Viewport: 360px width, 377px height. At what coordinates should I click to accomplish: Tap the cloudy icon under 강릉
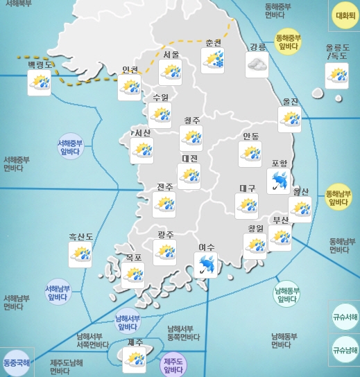[x=257, y=64]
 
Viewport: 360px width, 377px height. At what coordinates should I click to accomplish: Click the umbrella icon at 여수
[x=205, y=265]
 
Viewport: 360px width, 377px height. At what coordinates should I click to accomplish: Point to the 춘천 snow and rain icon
[x=212, y=60]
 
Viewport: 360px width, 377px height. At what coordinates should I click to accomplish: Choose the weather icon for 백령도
[x=39, y=84]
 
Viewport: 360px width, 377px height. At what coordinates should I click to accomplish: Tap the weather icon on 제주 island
[x=134, y=359]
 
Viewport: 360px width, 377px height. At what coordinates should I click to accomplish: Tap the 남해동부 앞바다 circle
[x=286, y=294]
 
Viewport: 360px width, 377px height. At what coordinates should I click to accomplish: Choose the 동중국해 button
[x=17, y=362]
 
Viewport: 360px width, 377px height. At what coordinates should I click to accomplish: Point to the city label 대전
[x=189, y=159]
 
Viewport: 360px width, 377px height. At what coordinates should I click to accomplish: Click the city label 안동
[x=250, y=135]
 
